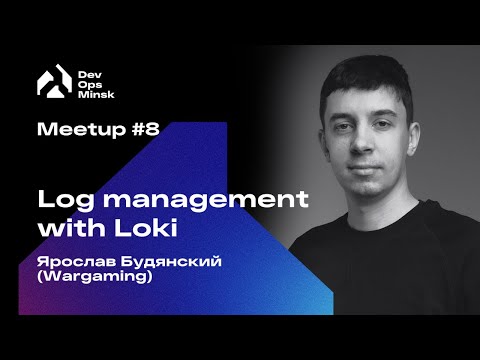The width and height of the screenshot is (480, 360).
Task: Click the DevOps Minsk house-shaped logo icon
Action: coord(49,82)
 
